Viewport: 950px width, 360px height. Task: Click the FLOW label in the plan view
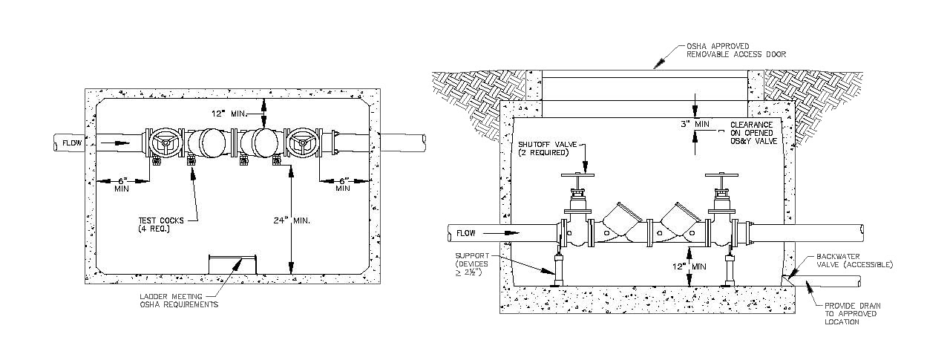[72, 143]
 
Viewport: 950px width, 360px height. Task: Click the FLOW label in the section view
[465, 233]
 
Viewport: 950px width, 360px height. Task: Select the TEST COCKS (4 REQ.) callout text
[161, 225]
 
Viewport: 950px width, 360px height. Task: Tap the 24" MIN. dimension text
[292, 220]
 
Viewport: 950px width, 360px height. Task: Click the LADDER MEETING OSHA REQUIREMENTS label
[179, 301]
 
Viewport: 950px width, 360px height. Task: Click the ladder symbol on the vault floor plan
[233, 265]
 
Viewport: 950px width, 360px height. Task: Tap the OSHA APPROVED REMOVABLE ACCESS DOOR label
[736, 50]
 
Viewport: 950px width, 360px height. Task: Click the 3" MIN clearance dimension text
[695, 124]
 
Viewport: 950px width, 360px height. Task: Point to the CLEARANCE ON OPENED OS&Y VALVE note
[753, 133]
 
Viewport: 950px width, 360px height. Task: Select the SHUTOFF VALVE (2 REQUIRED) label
[548, 148]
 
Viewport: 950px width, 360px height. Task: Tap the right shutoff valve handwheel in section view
[721, 174]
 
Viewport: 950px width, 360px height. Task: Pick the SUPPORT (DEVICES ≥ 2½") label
[472, 264]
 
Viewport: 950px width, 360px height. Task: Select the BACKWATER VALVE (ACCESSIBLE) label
[854, 261]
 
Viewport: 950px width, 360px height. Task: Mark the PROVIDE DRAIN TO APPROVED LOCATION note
[853, 314]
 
